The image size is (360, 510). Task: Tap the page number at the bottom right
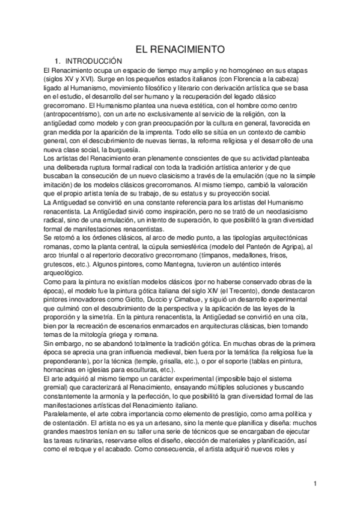point(314,483)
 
